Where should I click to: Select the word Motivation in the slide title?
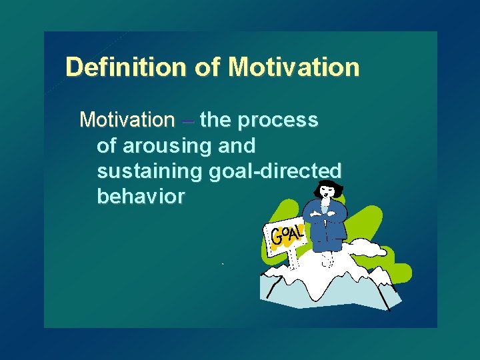[293, 67]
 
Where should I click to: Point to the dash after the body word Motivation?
[187, 121]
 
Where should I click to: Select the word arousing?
[163, 146]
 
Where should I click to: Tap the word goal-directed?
[275, 171]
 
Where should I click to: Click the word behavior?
[141, 197]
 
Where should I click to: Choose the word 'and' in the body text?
[236, 146]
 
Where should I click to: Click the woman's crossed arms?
[325, 215]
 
